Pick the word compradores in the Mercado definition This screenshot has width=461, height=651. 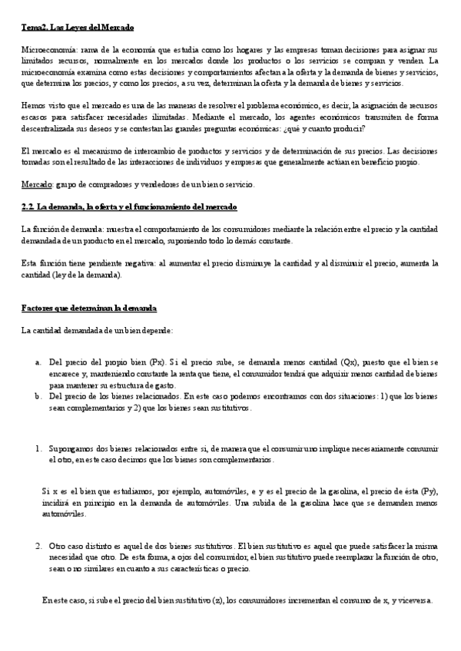(x=104, y=185)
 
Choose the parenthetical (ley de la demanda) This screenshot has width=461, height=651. (x=79, y=274)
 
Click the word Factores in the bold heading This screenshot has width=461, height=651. (x=39, y=308)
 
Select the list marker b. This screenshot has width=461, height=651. (x=38, y=396)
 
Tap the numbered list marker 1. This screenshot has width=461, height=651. (x=38, y=448)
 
